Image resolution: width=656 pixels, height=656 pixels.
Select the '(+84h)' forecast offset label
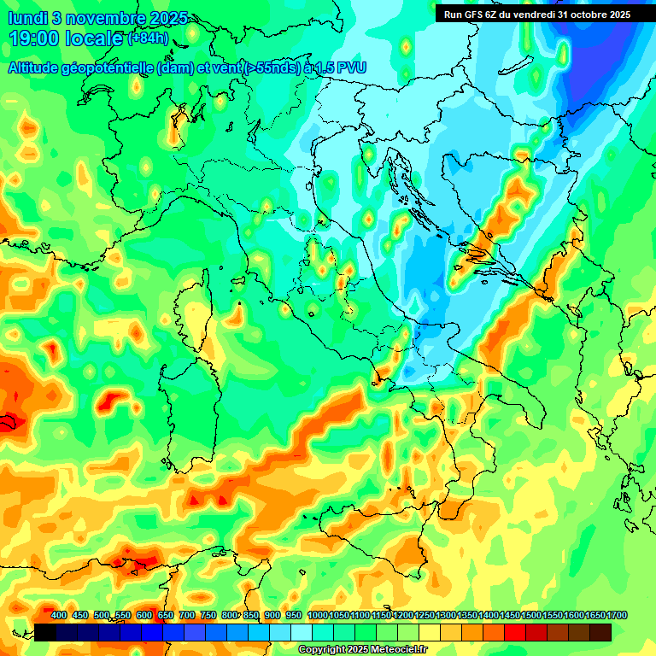(148, 38)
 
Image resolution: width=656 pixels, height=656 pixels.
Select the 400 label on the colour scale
(59, 615)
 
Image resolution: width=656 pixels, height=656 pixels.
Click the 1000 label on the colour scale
(318, 615)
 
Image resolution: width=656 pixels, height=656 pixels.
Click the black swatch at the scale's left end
(45, 632)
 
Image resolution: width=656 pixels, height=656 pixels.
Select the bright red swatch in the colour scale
(515, 632)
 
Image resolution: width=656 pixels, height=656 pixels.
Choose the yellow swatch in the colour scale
(430, 632)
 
